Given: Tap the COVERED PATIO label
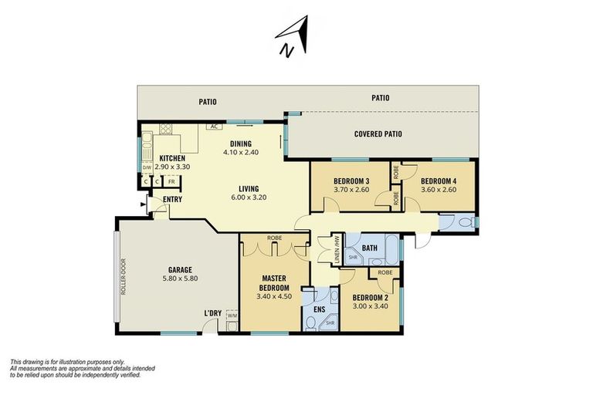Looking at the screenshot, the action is click(378, 133).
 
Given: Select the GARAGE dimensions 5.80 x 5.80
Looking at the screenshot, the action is click(180, 279).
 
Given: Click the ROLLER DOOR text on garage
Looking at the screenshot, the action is click(124, 277).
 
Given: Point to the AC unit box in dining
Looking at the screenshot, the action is click(214, 127).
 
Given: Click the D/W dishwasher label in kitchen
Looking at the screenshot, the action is click(147, 167).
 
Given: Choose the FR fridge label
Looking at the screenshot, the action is click(171, 181).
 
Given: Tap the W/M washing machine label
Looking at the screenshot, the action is click(232, 315).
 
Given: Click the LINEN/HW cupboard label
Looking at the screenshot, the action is click(337, 249).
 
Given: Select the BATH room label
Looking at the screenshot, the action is click(370, 248).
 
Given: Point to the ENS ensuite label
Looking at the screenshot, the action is click(320, 309).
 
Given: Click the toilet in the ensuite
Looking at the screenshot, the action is click(310, 323).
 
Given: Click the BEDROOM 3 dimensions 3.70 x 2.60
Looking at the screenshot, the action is click(351, 190).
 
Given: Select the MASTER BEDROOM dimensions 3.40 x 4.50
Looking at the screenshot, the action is click(274, 296).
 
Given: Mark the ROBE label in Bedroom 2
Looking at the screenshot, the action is click(385, 272).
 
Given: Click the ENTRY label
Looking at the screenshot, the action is click(172, 199).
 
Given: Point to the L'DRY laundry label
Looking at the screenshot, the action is click(212, 313).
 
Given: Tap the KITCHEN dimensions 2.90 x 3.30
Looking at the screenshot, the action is click(172, 167).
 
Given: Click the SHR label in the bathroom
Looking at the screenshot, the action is click(353, 257).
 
